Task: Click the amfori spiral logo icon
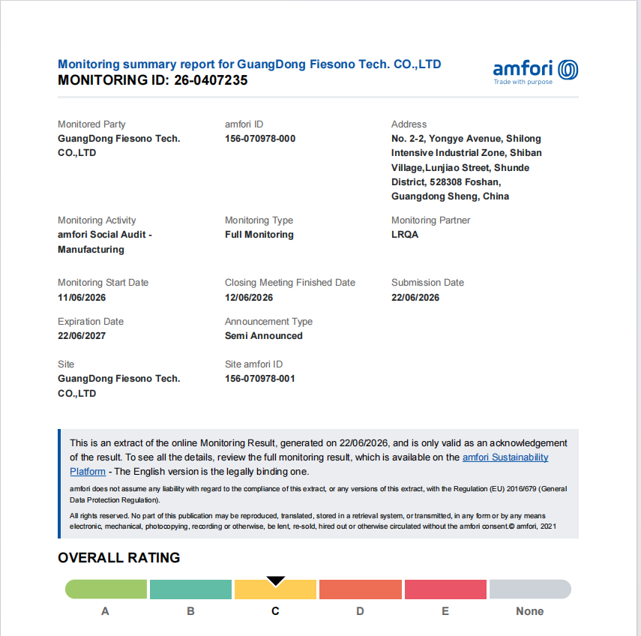point(568,70)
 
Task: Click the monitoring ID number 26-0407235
point(211,80)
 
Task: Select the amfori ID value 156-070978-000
point(260,139)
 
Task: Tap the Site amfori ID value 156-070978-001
point(259,379)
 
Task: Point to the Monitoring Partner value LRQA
point(405,235)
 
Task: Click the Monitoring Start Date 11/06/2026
point(82,297)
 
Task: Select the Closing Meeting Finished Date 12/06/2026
point(249,297)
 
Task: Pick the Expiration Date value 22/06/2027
point(82,336)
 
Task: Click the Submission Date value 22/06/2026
point(415,297)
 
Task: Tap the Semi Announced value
point(264,336)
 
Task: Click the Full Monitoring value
point(259,235)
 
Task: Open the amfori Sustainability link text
point(505,457)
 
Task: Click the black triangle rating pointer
point(276,580)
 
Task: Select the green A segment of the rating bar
point(106,589)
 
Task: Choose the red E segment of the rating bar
point(445,589)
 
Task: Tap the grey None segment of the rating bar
point(530,589)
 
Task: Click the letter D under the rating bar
point(360,611)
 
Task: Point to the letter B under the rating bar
point(190,611)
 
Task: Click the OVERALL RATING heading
point(119,558)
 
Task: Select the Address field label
point(409,124)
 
